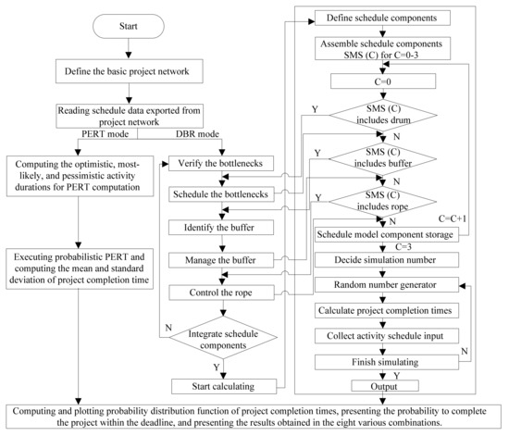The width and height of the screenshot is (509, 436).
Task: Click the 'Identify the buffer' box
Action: click(x=224, y=226)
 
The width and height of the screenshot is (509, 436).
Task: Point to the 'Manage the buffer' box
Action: click(x=224, y=259)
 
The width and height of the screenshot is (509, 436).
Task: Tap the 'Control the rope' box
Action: click(x=224, y=292)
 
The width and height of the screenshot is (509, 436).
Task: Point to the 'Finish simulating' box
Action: click(x=385, y=362)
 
